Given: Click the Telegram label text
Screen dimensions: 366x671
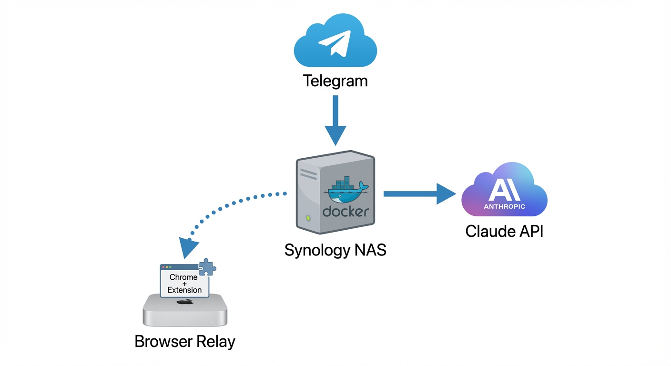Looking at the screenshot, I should pyautogui.click(x=335, y=81).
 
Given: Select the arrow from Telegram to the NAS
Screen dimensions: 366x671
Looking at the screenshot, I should pyautogui.click(x=335, y=119).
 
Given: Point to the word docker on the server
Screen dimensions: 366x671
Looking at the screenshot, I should pyautogui.click(x=346, y=211).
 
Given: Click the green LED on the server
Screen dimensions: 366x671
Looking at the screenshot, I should pyautogui.click(x=308, y=218).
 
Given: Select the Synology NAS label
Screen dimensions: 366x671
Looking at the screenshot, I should pyautogui.click(x=335, y=250).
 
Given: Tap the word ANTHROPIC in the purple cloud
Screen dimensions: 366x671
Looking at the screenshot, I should pyautogui.click(x=504, y=206).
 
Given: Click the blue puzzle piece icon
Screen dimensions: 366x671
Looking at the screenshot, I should pyautogui.click(x=207, y=268).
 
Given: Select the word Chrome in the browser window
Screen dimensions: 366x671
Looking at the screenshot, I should pyautogui.click(x=183, y=277).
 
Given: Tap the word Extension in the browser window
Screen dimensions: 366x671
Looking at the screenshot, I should pyautogui.click(x=184, y=290).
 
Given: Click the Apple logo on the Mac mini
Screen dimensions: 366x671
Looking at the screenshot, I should pyautogui.click(x=185, y=302).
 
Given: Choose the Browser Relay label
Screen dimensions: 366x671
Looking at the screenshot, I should pyautogui.click(x=185, y=341).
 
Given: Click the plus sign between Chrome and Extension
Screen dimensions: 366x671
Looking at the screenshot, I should pyautogui.click(x=184, y=284).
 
